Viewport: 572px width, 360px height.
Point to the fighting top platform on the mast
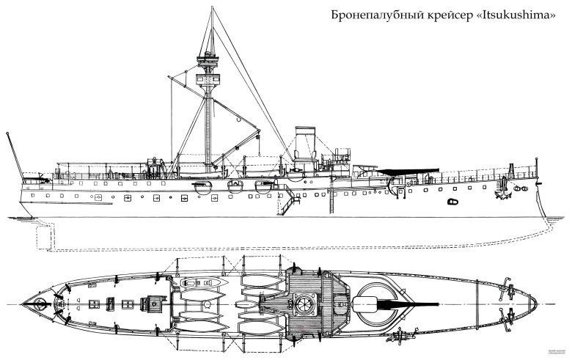click(209, 56)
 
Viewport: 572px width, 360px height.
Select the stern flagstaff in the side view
click(12, 154)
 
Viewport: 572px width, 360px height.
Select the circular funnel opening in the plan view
click(301, 304)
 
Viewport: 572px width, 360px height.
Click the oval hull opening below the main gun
click(452, 199)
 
